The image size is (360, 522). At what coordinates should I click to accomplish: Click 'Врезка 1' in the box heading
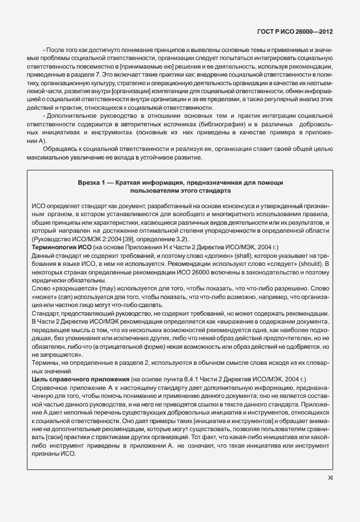tap(97, 181)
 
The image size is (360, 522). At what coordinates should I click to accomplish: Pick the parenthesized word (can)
tap(65, 298)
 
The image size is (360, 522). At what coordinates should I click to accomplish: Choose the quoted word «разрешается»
tap(53, 289)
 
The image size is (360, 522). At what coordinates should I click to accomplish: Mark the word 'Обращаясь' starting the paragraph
tap(55, 149)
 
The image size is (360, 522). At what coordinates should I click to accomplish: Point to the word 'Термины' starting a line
tap(44, 362)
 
